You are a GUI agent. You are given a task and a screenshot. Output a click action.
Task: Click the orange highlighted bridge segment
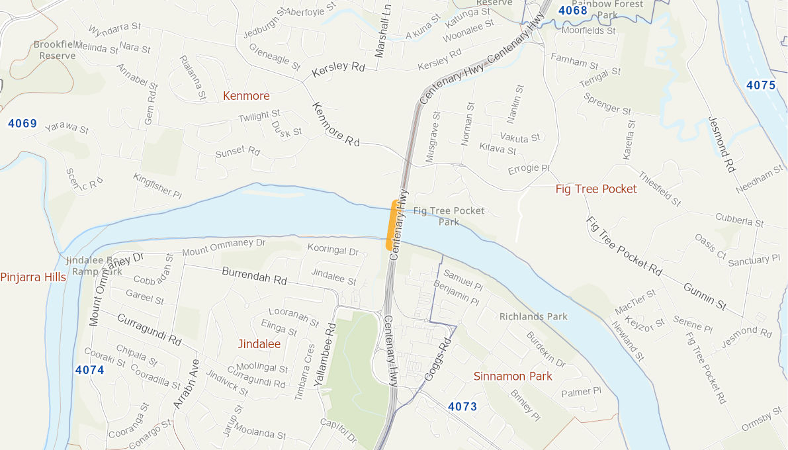click(x=392, y=225)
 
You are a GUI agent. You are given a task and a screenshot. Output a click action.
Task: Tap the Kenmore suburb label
click(x=246, y=96)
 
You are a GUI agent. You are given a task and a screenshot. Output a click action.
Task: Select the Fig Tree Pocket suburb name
click(x=596, y=189)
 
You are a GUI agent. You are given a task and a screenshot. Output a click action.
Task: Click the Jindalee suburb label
click(x=259, y=344)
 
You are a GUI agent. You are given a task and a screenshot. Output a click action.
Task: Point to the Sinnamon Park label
click(x=513, y=377)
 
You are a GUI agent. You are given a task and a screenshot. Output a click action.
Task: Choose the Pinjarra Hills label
click(x=33, y=277)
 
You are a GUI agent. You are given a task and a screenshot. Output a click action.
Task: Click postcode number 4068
click(x=572, y=11)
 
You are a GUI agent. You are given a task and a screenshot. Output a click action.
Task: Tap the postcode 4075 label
click(x=760, y=85)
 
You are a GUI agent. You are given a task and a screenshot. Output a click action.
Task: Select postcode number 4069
click(x=22, y=124)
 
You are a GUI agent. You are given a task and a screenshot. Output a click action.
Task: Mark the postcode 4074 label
click(x=89, y=370)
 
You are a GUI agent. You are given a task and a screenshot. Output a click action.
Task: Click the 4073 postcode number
click(x=462, y=406)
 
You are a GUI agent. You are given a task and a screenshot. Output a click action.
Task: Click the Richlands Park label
click(x=533, y=316)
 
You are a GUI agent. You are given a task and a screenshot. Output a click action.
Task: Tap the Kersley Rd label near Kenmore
click(x=339, y=67)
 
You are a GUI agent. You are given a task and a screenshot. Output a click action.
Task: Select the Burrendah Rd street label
click(x=254, y=275)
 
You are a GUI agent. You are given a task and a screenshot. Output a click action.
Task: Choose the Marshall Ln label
click(x=382, y=31)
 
